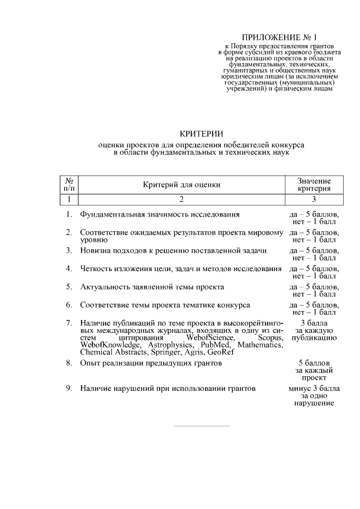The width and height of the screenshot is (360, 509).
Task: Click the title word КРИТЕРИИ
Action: point(201,133)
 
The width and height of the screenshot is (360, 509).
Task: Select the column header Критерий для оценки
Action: point(182,184)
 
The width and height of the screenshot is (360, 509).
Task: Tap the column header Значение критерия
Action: point(314,184)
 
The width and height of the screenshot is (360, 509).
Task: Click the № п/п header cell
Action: point(68,184)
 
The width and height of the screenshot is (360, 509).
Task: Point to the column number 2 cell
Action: point(182,199)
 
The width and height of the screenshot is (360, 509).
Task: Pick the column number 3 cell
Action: point(314,199)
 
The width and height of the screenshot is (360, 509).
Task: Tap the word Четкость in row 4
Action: point(96,268)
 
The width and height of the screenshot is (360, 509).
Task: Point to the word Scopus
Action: point(269,337)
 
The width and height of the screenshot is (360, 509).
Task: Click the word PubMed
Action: point(215,345)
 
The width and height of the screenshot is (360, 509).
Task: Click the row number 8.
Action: point(68,363)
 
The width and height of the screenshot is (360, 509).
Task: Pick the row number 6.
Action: point(68,305)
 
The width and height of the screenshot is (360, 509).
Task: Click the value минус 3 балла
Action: point(314,388)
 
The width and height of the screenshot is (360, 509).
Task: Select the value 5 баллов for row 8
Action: point(314,363)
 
